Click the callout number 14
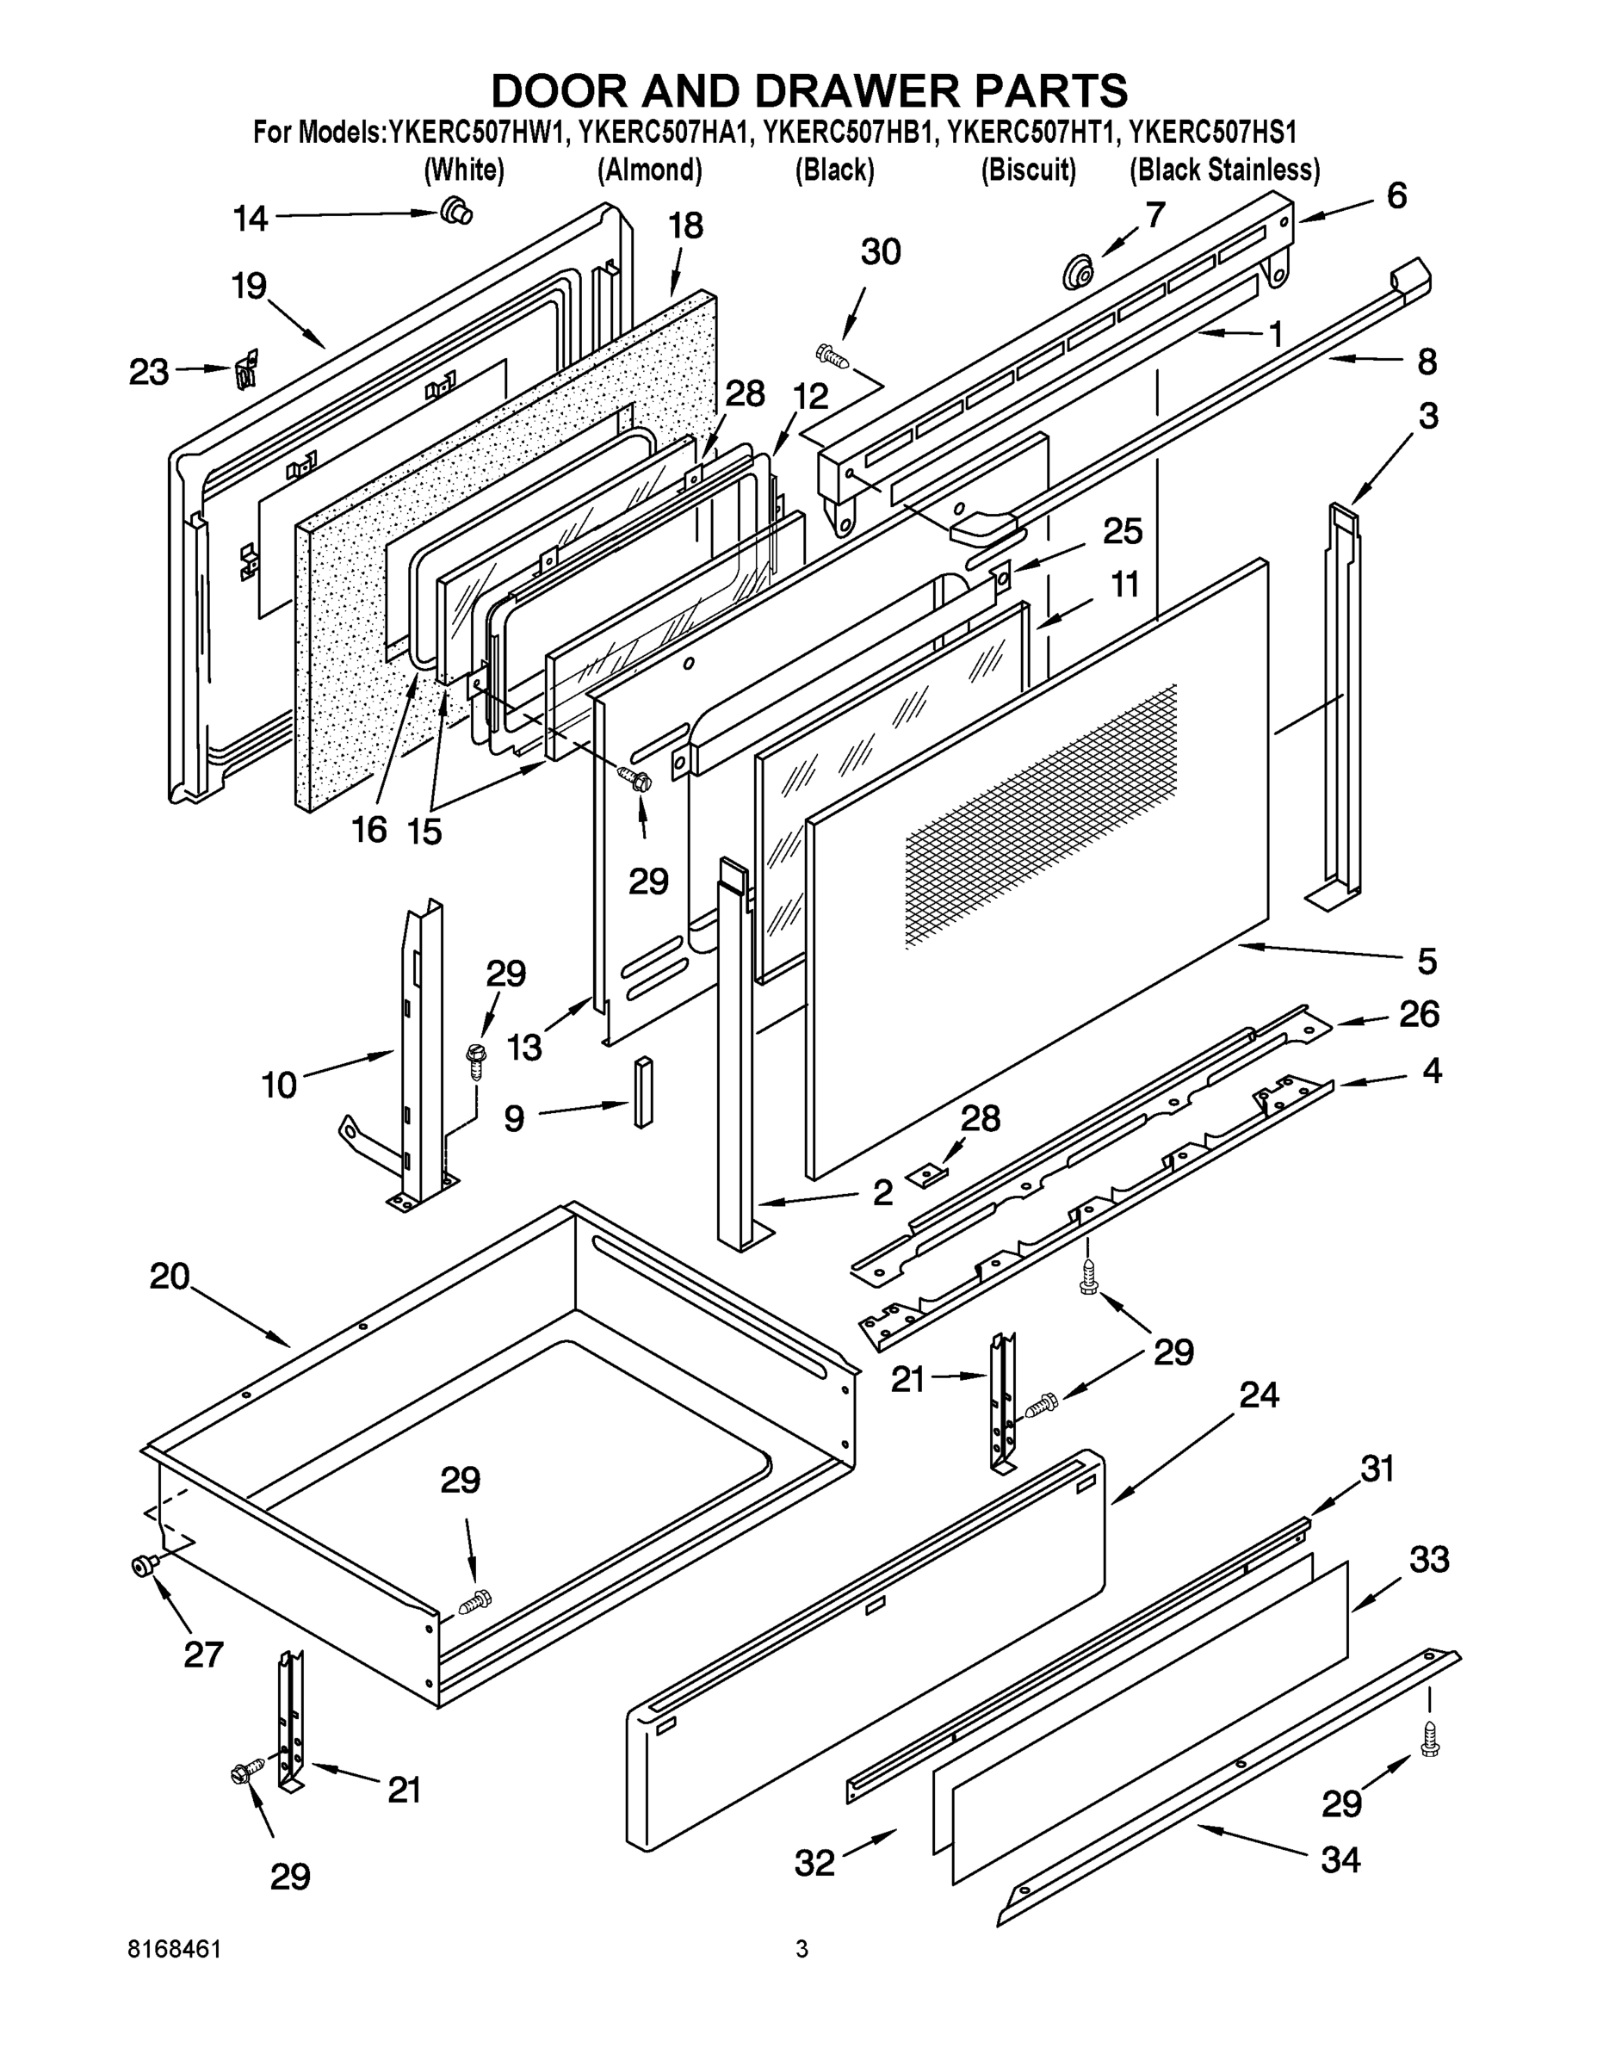point(251,220)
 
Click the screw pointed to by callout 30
point(833,356)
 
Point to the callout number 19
point(250,287)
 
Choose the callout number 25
point(1122,532)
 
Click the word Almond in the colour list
point(649,170)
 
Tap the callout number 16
point(369,830)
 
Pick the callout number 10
point(279,1084)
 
